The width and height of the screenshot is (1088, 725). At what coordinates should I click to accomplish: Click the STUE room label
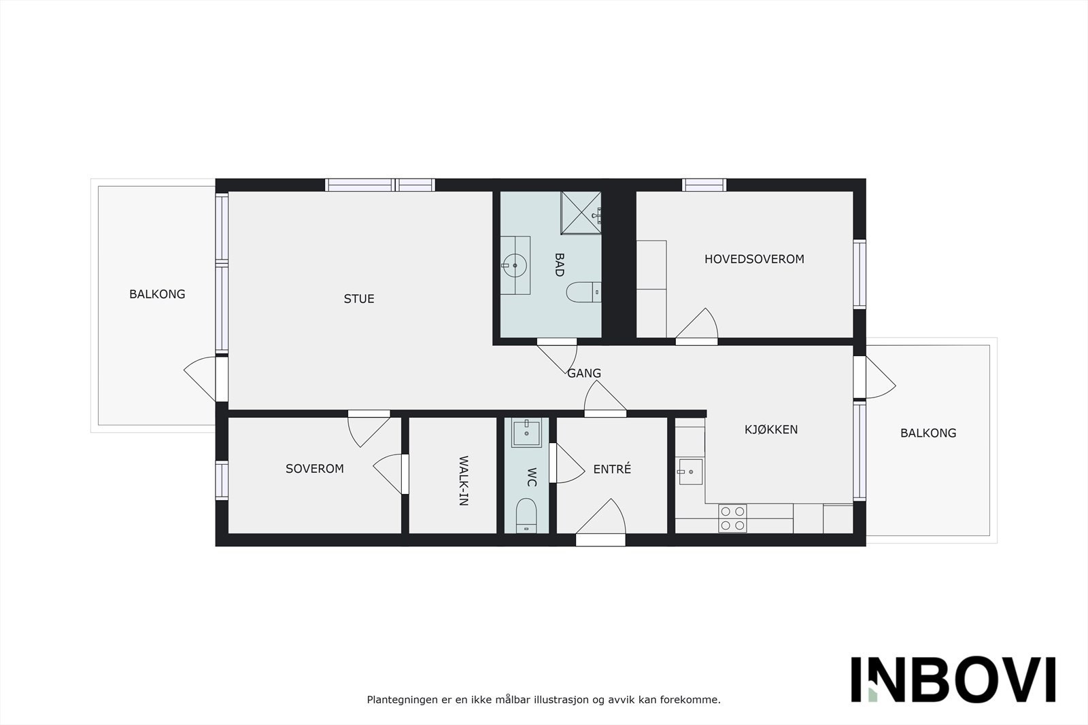[x=359, y=299]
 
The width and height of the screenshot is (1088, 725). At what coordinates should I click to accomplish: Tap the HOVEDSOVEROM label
[x=754, y=259]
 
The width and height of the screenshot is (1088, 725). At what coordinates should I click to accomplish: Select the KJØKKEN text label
[x=771, y=429]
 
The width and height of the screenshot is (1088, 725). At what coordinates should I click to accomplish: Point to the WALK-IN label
[x=463, y=481]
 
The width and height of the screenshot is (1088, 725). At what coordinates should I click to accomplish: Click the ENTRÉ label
[x=612, y=469]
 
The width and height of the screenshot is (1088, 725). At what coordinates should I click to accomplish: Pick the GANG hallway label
[x=584, y=373]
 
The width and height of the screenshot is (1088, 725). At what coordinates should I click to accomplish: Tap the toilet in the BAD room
[x=583, y=292]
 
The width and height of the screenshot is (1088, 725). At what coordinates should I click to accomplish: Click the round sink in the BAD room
[x=515, y=265]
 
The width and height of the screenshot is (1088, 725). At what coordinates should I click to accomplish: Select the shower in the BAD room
[x=581, y=212]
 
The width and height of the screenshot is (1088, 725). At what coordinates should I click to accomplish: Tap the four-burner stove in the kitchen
[x=732, y=518]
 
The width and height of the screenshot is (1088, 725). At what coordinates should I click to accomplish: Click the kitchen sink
[x=690, y=471]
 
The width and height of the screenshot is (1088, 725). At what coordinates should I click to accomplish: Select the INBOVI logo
[x=953, y=679]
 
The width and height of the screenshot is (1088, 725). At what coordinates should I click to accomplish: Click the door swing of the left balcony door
[x=201, y=378]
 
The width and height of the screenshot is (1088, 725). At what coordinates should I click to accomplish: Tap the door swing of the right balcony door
[x=879, y=378]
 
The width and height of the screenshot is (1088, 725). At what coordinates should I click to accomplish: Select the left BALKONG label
[x=157, y=294]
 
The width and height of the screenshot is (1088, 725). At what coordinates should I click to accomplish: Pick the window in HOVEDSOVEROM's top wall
[x=704, y=185]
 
